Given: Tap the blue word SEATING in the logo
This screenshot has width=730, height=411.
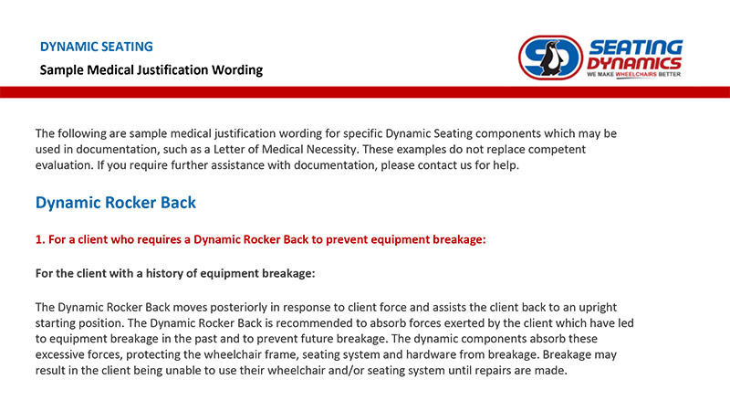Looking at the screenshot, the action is [x=636, y=47].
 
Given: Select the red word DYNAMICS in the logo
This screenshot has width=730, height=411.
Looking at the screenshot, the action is [x=634, y=63].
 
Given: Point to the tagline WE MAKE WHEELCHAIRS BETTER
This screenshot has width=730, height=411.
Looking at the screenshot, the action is [x=633, y=74].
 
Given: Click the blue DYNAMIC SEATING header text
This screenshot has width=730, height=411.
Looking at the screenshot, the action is [x=97, y=47].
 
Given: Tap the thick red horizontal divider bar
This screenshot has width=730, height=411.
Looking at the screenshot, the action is [x=365, y=92].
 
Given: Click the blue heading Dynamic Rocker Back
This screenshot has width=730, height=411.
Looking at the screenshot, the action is [x=116, y=203].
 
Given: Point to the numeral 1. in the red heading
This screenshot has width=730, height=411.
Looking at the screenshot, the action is [x=40, y=239].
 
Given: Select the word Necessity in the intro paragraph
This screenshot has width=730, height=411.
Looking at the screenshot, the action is [x=332, y=150].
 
